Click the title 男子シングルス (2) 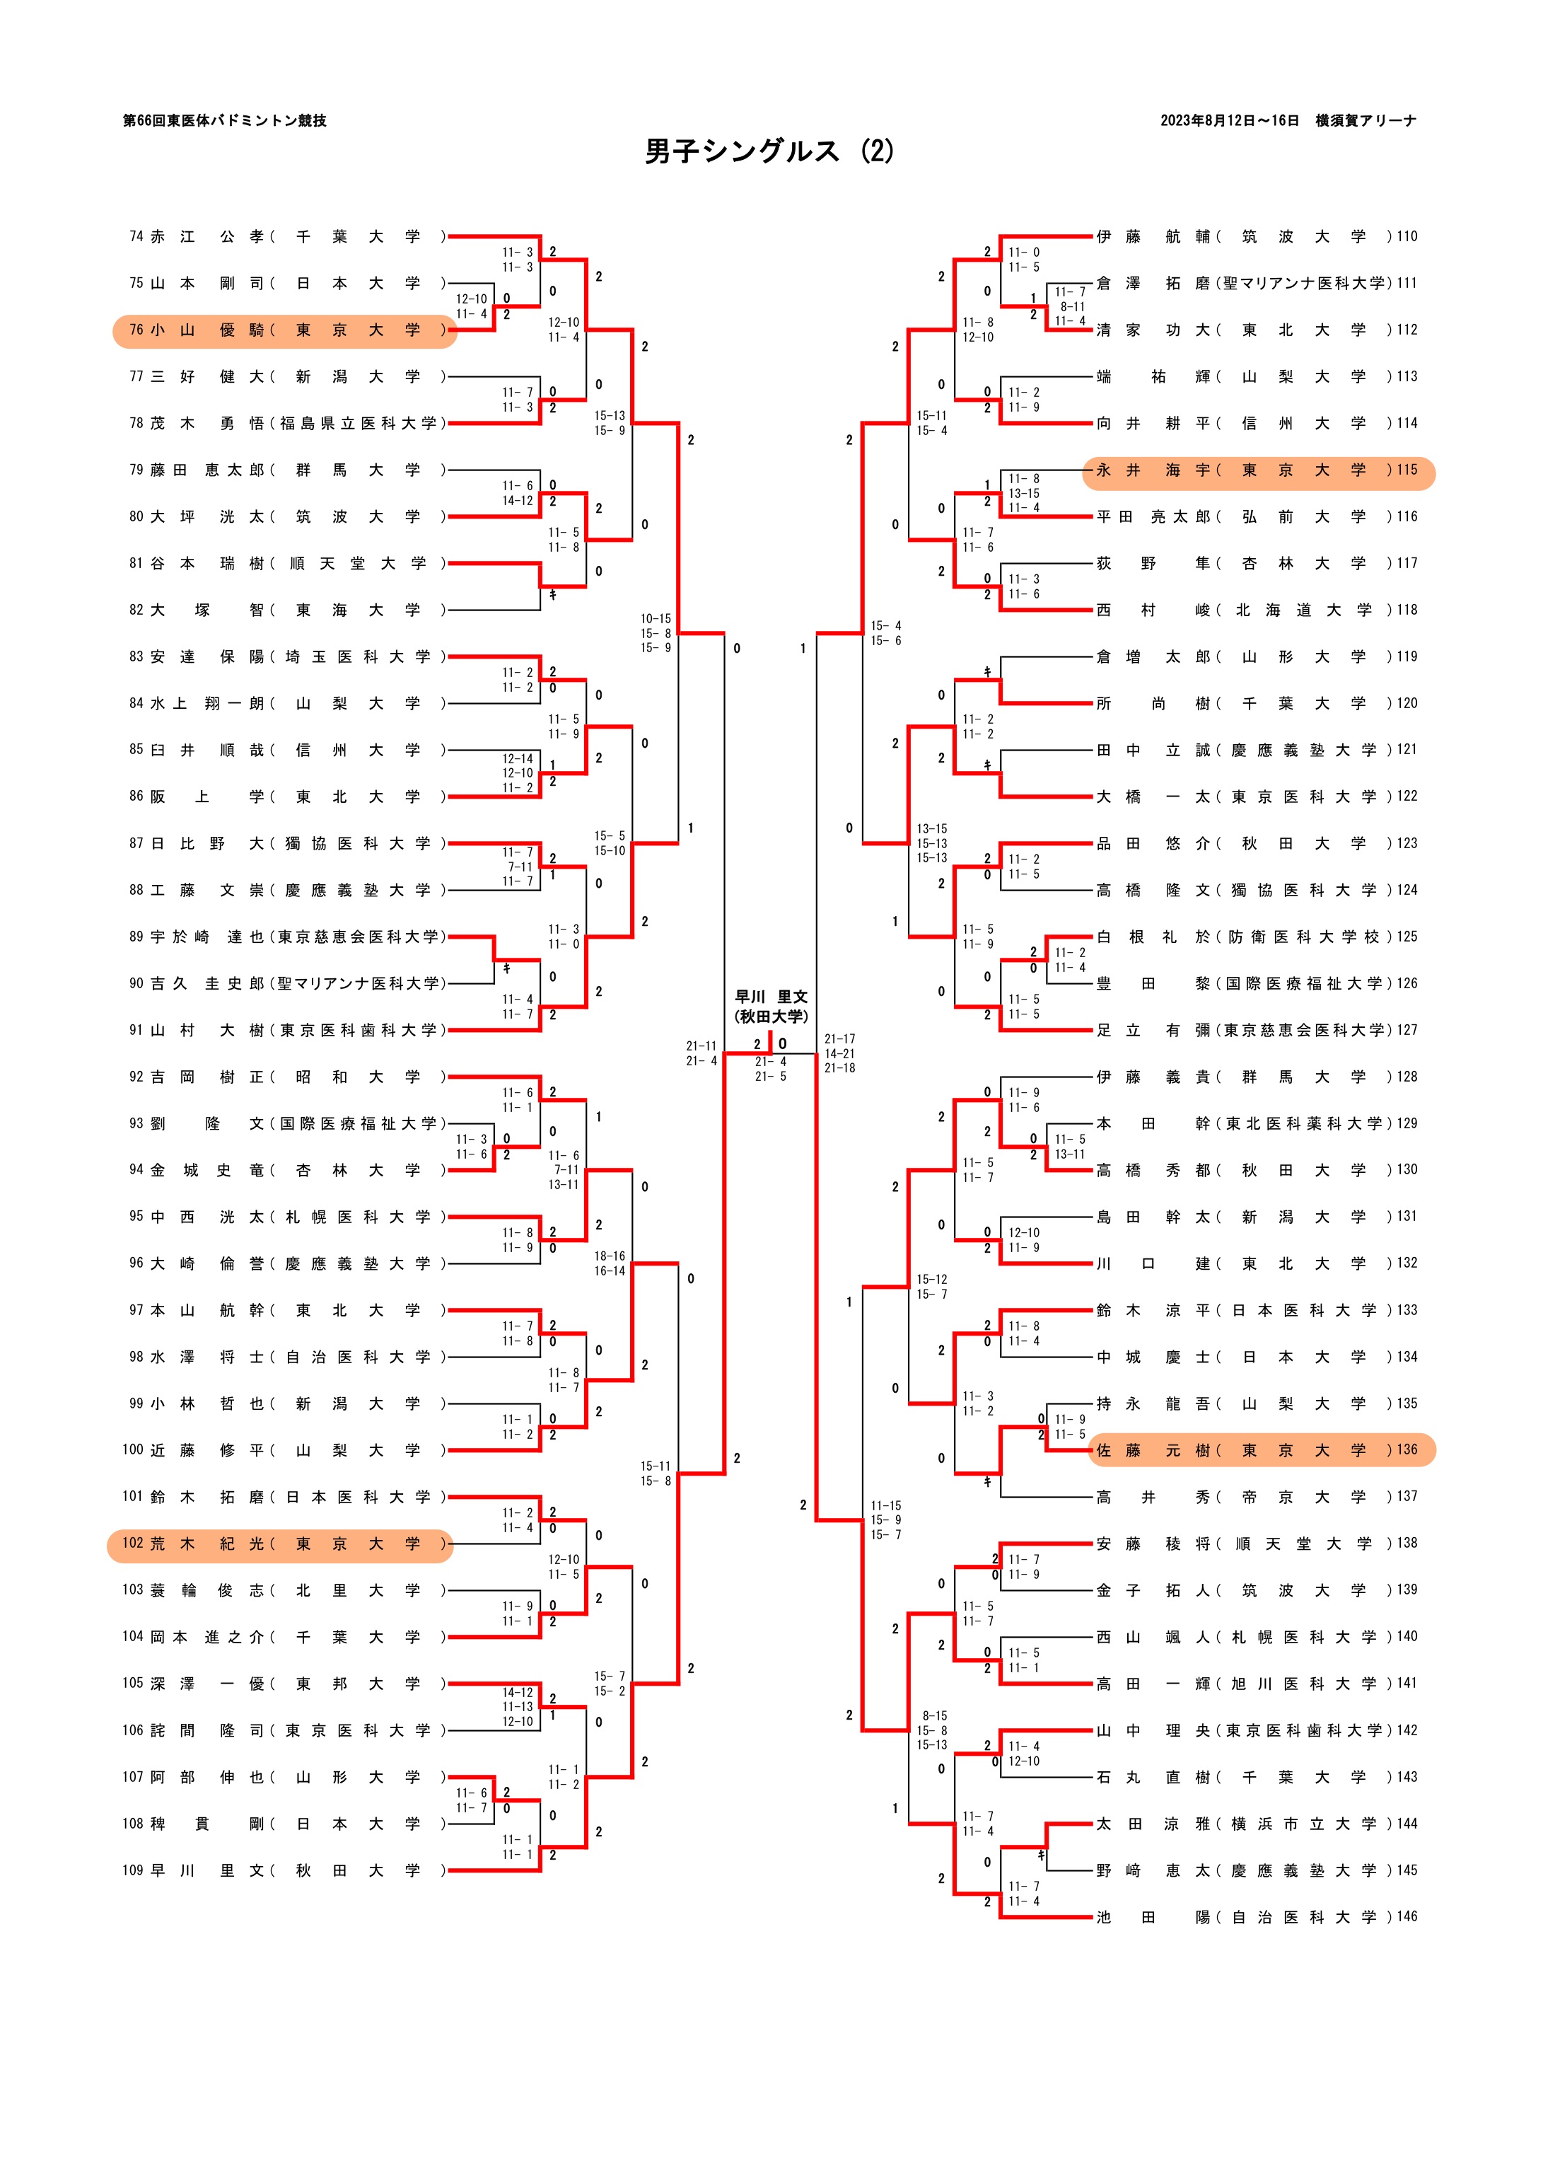pyautogui.click(x=769, y=151)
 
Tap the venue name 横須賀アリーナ pyautogui.click(x=1366, y=121)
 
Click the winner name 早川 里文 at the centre pyautogui.click(x=770, y=997)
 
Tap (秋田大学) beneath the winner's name pyautogui.click(x=770, y=1017)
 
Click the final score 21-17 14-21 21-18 pyautogui.click(x=839, y=1053)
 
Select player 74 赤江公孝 pyautogui.click(x=285, y=237)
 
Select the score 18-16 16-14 pyautogui.click(x=610, y=1263)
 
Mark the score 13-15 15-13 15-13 pyautogui.click(x=932, y=843)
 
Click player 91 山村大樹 pyautogui.click(x=285, y=1030)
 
